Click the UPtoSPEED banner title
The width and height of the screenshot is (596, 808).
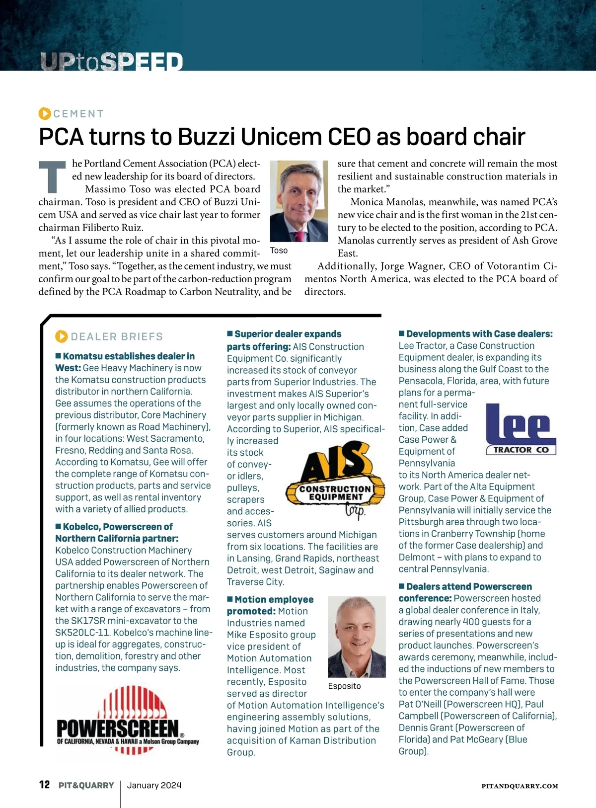pyautogui.click(x=111, y=62)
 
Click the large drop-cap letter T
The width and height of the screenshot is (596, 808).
pyautogui.click(x=52, y=177)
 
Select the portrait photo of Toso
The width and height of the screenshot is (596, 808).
pyautogui.click(x=298, y=201)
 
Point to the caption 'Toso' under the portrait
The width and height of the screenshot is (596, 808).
pyautogui.click(x=279, y=250)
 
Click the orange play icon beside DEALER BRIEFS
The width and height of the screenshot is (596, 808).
pyautogui.click(x=61, y=336)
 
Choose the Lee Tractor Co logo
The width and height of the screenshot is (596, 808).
pyautogui.click(x=521, y=429)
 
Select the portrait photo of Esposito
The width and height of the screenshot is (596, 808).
pyautogui.click(x=357, y=637)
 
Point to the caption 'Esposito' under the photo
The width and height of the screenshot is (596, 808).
pyautogui.click(x=344, y=686)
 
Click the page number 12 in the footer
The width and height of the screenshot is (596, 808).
pyautogui.click(x=44, y=785)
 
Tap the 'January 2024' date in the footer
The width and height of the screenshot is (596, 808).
pyautogui.click(x=154, y=785)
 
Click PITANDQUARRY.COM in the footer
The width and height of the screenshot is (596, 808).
pyautogui.click(x=520, y=786)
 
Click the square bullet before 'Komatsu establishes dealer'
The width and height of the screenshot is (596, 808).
pyautogui.click(x=58, y=356)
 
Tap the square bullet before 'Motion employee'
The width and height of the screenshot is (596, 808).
pyautogui.click(x=230, y=599)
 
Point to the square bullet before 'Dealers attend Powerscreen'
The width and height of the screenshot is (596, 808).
pyautogui.click(x=401, y=586)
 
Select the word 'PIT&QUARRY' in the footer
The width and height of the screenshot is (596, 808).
pyautogui.click(x=86, y=785)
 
